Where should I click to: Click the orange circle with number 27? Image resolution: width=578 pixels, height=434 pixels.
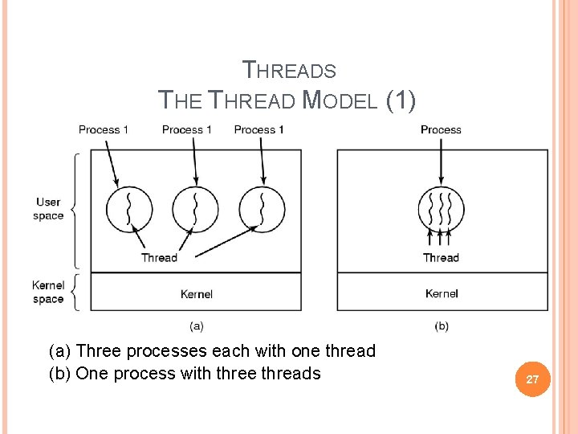[x=531, y=379]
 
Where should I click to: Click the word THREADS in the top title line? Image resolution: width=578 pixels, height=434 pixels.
[x=289, y=71]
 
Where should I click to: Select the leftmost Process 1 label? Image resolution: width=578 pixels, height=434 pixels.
[x=104, y=129]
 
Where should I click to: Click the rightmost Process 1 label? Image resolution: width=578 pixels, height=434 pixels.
[x=259, y=129]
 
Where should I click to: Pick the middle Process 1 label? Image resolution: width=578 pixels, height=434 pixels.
[x=187, y=129]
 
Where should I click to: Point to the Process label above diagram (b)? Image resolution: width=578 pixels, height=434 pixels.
[x=441, y=129]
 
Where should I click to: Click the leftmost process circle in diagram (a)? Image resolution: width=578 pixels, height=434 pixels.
[x=129, y=209]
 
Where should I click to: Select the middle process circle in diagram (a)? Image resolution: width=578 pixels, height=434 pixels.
[x=194, y=209]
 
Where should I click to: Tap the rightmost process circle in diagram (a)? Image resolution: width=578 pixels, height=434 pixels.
[x=262, y=209]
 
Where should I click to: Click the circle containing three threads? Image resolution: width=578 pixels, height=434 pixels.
[x=442, y=209]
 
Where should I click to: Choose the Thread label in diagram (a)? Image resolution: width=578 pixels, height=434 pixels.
[x=159, y=258]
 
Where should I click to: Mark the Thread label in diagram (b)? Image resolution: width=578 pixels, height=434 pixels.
[x=441, y=258]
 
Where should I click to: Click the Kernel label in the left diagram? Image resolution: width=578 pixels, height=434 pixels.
[x=197, y=294]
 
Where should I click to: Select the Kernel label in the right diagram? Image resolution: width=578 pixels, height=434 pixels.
[x=442, y=294]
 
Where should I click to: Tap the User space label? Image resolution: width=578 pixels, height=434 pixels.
[x=48, y=209]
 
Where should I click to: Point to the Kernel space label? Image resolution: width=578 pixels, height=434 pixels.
[x=48, y=293]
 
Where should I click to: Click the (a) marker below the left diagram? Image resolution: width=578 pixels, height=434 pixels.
[x=196, y=325]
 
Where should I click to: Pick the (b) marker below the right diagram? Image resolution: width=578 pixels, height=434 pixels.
[x=442, y=325]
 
